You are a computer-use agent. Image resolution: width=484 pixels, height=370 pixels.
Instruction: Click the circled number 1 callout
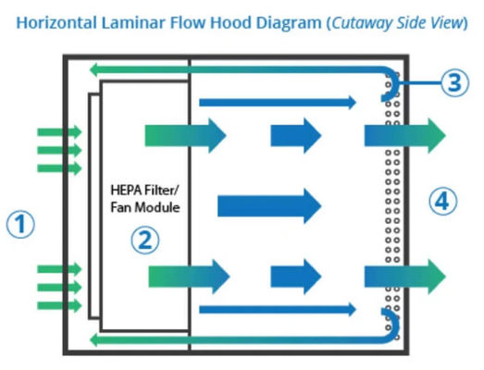point(20,224)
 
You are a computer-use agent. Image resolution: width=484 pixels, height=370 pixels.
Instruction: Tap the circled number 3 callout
point(452,83)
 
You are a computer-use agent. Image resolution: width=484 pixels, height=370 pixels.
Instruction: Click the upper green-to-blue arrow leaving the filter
point(185,136)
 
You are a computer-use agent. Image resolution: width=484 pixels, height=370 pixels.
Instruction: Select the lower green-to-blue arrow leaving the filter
point(185,275)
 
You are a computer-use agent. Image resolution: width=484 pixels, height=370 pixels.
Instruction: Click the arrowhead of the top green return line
point(93,67)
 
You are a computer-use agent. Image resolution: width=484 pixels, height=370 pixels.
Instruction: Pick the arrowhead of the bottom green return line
point(93,341)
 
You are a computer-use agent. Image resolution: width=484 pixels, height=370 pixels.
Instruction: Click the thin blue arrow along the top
point(278,101)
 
